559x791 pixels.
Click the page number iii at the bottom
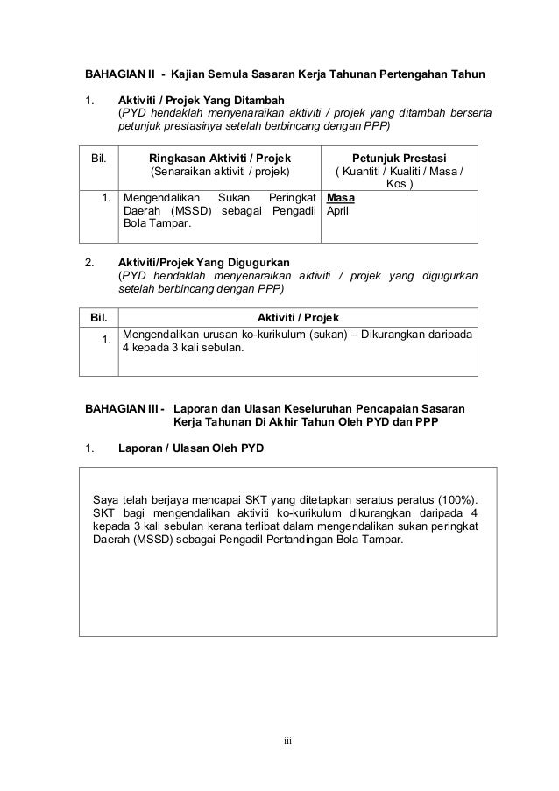pos(286,744)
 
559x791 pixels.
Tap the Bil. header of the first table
pos(99,158)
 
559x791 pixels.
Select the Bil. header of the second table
pos(96,316)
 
